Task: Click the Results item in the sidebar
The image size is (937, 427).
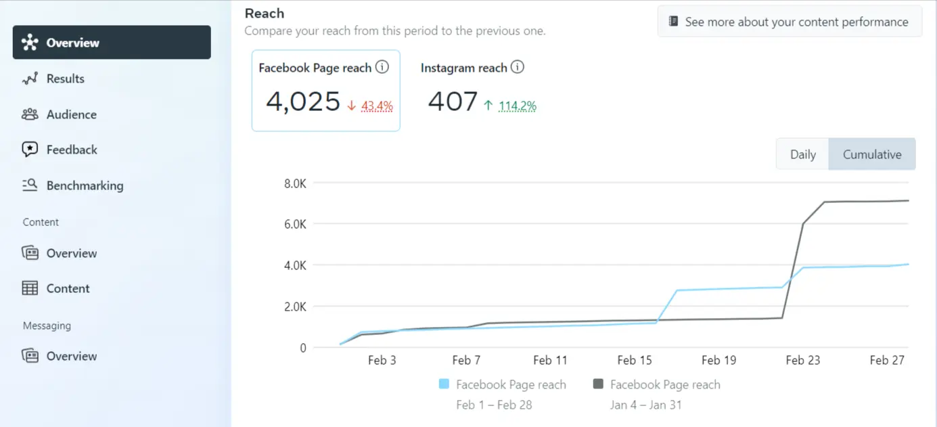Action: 65,78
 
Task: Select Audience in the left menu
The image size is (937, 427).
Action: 71,114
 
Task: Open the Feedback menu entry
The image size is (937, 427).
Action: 71,150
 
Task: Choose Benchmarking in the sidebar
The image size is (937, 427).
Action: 85,185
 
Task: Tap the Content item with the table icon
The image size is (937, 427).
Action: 68,288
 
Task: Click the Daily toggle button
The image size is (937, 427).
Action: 802,154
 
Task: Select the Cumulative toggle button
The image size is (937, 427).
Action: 871,154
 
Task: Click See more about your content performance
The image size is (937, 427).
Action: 789,22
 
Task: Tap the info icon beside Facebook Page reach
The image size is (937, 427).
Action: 382,67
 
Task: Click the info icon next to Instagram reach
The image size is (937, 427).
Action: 518,67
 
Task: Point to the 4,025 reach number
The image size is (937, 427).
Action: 302,102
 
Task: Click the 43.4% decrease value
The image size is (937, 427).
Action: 377,106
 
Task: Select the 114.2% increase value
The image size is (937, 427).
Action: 517,106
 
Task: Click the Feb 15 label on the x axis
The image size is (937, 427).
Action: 635,360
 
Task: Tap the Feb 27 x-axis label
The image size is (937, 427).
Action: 886,360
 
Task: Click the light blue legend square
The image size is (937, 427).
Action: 444,384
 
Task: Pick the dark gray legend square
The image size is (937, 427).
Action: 598,384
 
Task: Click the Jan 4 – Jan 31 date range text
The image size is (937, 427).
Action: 645,405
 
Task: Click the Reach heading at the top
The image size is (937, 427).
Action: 265,13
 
